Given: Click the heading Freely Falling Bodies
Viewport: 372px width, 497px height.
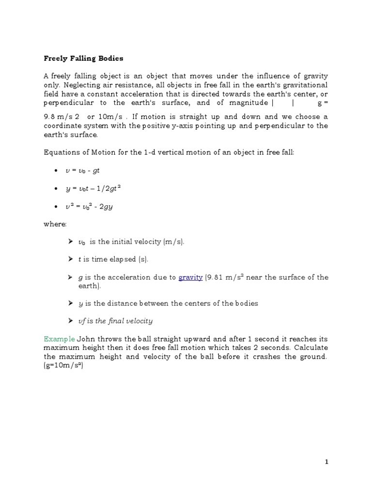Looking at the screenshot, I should [83, 58].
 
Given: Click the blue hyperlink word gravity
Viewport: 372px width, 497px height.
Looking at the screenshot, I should [190, 278].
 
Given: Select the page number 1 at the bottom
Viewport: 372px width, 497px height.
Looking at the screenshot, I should [326, 462].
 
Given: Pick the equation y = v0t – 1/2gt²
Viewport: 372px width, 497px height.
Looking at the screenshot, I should [93, 189].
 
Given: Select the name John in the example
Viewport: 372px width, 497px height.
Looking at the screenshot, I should [86, 338].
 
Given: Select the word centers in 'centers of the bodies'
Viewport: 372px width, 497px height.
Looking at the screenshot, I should [195, 303].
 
